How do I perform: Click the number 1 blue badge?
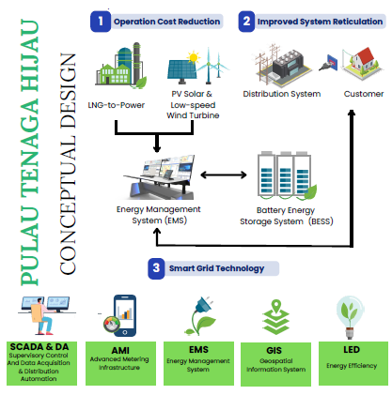pos(101,22)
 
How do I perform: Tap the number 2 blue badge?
pos(246,22)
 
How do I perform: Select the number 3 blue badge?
pos(156,268)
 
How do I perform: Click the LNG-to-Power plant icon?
pos(121,65)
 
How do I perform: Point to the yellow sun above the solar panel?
pos(194,57)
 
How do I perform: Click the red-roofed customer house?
pos(364,63)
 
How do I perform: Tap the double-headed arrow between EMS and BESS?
pos(224,175)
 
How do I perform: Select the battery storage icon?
pos(287,175)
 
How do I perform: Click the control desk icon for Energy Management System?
pos(160,177)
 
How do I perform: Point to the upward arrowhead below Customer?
pos(352,113)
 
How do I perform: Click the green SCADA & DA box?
pos(41,363)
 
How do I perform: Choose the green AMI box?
pos(120,363)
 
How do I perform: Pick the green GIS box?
pos(275,364)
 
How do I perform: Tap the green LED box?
pos(353,363)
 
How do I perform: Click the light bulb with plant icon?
pos(350,317)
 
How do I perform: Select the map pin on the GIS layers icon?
pos(275,306)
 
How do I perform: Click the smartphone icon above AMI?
pos(125,315)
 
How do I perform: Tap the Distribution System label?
pos(282,94)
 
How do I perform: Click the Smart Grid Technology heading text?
pos(216,268)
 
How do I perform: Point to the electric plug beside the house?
pos(328,63)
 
